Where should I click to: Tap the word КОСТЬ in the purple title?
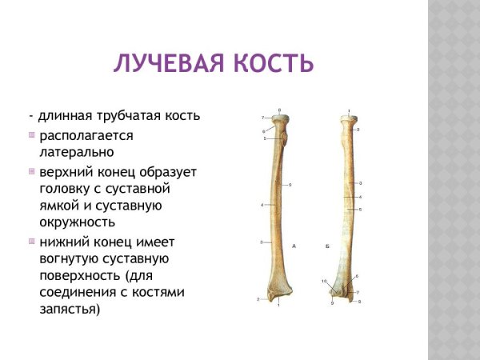(x=271, y=63)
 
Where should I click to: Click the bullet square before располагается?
(x=32, y=134)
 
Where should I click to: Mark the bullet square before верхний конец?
(x=32, y=171)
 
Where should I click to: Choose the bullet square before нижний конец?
(x=32, y=241)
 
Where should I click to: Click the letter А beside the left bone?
(x=294, y=245)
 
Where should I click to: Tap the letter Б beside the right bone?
(x=328, y=246)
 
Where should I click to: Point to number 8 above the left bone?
(x=279, y=110)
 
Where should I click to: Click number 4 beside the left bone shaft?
(x=262, y=206)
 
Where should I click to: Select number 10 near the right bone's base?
(x=324, y=282)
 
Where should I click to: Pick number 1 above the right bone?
(x=349, y=110)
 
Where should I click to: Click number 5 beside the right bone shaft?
(x=361, y=210)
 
